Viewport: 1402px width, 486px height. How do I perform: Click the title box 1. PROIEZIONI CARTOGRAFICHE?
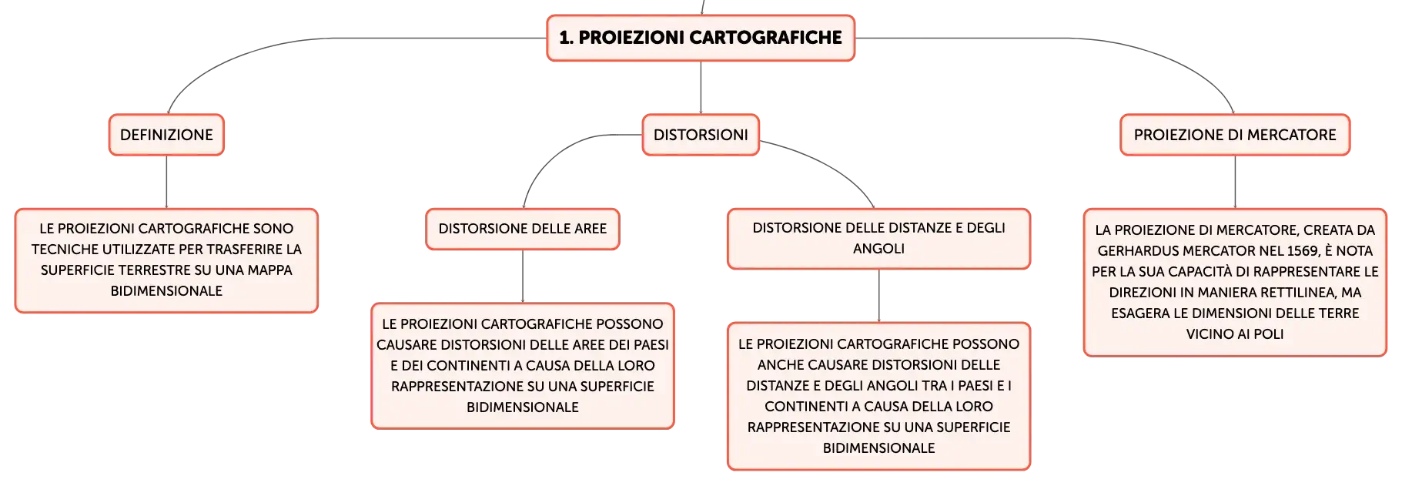tap(701, 38)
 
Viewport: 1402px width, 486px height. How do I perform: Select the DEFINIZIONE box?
tap(166, 135)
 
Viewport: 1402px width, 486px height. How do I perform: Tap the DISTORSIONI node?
tap(701, 135)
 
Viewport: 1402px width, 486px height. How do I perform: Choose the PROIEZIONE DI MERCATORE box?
tap(1235, 135)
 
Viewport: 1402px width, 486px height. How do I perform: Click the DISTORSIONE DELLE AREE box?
tap(523, 229)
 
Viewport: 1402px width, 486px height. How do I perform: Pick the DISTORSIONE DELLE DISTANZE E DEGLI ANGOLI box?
tap(878, 239)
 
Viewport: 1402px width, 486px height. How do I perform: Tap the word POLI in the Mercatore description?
tap(1268, 334)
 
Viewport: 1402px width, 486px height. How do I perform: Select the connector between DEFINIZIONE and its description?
tap(166, 182)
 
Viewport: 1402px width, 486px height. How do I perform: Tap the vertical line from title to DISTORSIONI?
tap(701, 88)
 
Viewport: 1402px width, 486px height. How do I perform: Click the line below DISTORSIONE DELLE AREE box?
tap(523, 277)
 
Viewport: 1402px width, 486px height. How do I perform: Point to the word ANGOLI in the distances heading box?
tap(878, 249)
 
